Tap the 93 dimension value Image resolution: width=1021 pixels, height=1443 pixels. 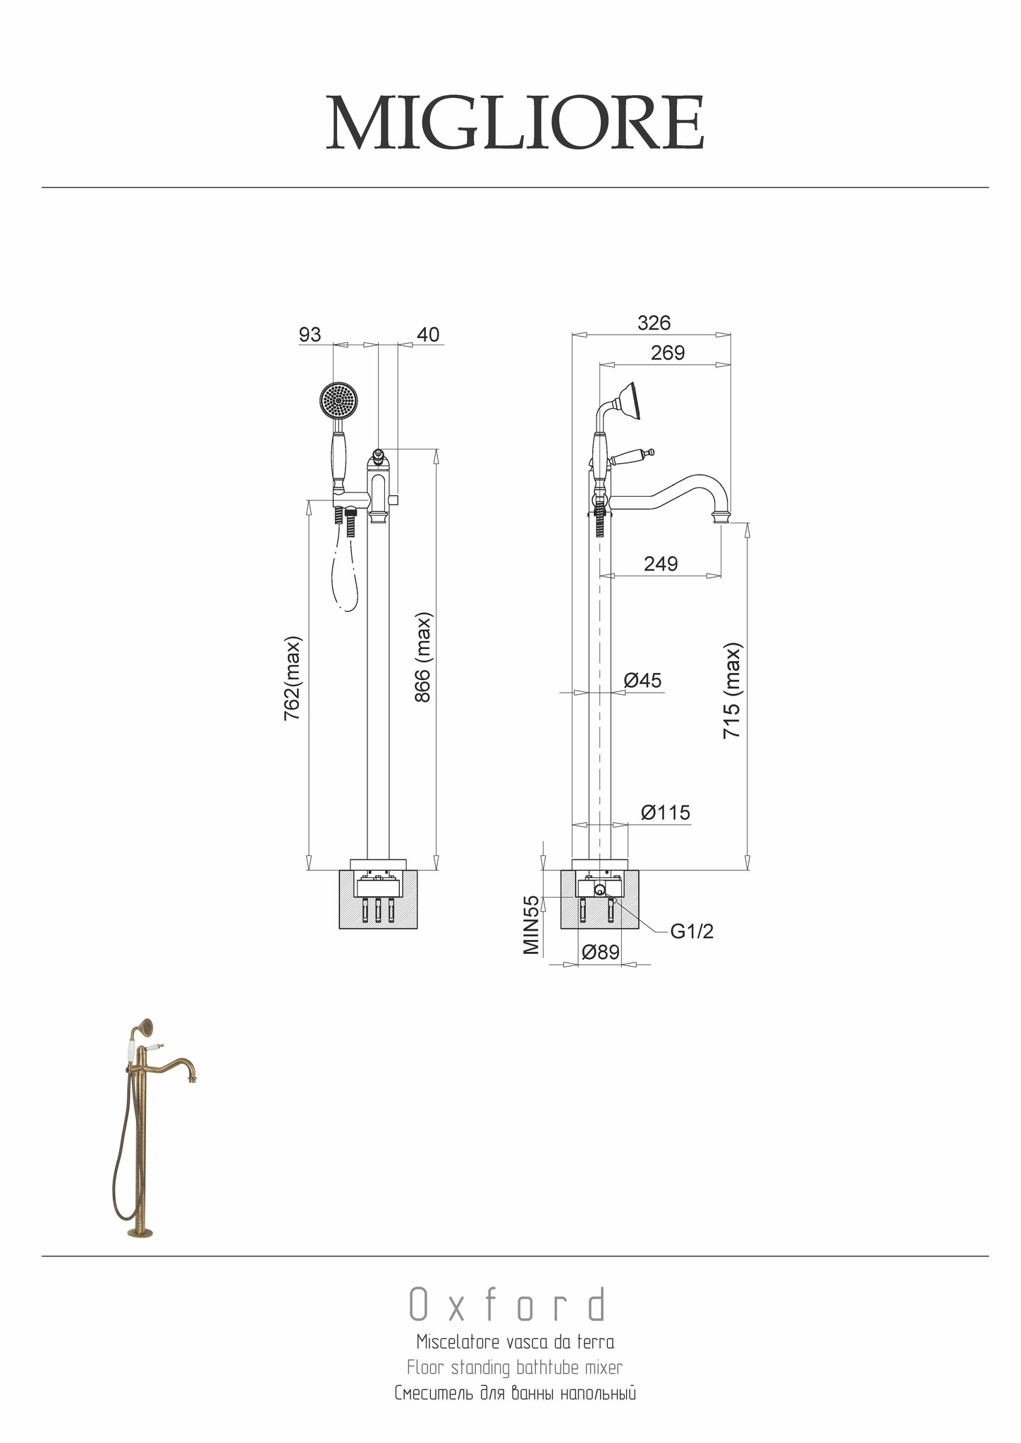pyautogui.click(x=310, y=335)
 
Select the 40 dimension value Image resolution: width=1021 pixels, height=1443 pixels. pyautogui.click(x=428, y=335)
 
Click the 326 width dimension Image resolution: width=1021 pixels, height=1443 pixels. pyautogui.click(x=654, y=323)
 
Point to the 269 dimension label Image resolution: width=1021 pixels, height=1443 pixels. pyautogui.click(x=667, y=353)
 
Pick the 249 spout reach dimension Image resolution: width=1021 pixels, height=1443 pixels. pyautogui.click(x=661, y=564)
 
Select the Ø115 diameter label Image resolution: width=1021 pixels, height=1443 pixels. pyautogui.click(x=665, y=812)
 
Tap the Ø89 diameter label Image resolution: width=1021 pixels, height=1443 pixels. pyautogui.click(x=600, y=953)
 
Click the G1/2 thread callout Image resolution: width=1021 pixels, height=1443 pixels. pyautogui.click(x=691, y=931)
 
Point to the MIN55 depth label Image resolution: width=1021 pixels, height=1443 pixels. pyautogui.click(x=532, y=924)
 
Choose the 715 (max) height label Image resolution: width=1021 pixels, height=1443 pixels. pyautogui.click(x=733, y=690)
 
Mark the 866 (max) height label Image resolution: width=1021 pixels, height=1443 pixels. pyautogui.click(x=423, y=657)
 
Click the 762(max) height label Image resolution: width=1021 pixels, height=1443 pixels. pyautogui.click(x=293, y=679)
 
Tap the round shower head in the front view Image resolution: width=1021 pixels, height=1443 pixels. pyautogui.click(x=340, y=400)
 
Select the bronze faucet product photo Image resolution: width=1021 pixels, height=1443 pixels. pyautogui.click(x=152, y=1127)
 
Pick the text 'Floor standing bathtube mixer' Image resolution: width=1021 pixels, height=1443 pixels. pyautogui.click(x=515, y=1368)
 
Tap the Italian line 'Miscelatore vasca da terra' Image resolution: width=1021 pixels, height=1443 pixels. pyautogui.click(x=515, y=1341)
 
